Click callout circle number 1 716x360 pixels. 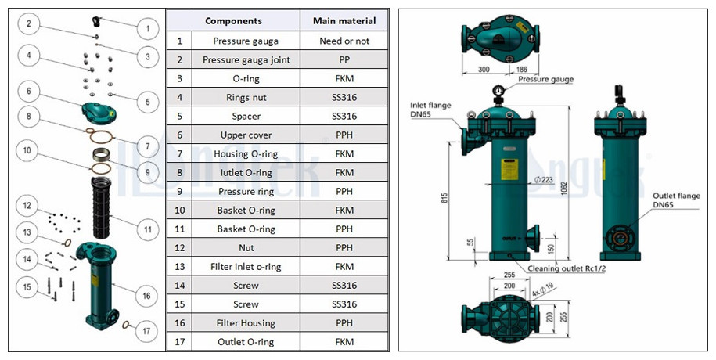pyautogui.click(x=146, y=30)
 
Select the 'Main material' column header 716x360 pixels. pyautogui.click(x=344, y=21)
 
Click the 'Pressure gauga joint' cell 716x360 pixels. pyautogui.click(x=246, y=59)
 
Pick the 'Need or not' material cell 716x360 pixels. pyautogui.click(x=344, y=41)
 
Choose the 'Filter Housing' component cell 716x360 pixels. pyautogui.click(x=246, y=322)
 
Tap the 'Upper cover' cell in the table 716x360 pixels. pyautogui.click(x=246, y=135)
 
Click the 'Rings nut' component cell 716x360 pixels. pyautogui.click(x=246, y=97)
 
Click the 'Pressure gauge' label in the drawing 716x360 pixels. pyautogui.click(x=545, y=79)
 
